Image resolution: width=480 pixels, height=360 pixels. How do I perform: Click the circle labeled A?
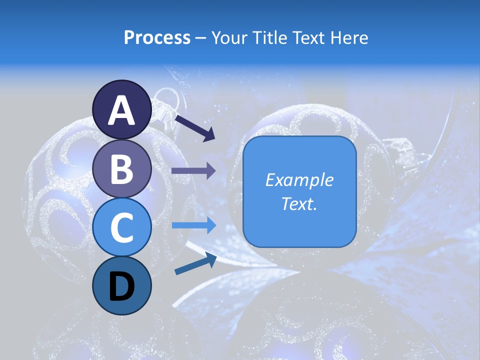tap(122, 109)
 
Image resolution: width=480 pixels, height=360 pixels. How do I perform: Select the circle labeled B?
tap(122, 168)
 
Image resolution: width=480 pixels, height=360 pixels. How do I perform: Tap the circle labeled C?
tap(122, 227)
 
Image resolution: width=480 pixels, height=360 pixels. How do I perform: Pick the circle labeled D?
tap(122, 285)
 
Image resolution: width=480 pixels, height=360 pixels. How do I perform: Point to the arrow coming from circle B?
tap(193, 171)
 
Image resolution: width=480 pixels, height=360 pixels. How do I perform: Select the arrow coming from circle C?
tap(193, 225)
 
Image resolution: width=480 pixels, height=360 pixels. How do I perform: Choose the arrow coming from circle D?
tap(195, 263)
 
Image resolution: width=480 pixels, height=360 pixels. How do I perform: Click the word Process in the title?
tap(157, 38)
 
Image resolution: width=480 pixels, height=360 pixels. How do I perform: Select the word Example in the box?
tap(299, 180)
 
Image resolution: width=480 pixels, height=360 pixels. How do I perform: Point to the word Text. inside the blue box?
tap(299, 204)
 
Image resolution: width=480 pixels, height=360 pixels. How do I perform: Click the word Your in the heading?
tap(229, 38)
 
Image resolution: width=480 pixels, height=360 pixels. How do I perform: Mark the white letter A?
tap(122, 110)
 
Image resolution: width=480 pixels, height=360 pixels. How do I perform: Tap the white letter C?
tap(122, 228)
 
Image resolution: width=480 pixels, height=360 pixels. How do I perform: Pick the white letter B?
tap(122, 169)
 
